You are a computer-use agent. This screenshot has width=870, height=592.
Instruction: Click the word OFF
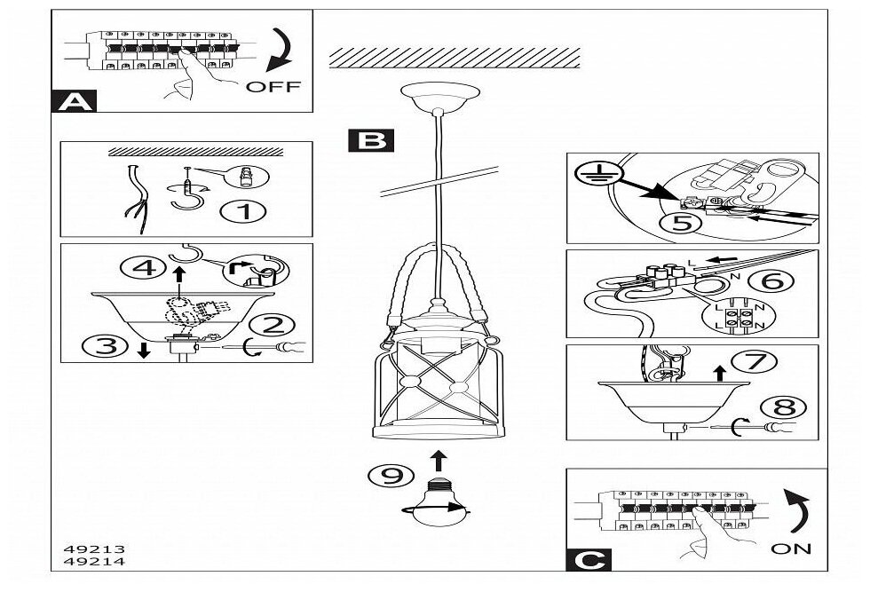pyautogui.click(x=273, y=87)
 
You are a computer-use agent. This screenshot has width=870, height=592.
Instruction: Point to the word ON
pyautogui.click(x=791, y=549)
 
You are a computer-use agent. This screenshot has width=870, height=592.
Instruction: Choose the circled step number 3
pyautogui.click(x=105, y=346)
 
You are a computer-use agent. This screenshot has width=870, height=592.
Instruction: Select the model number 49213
pyautogui.click(x=83, y=548)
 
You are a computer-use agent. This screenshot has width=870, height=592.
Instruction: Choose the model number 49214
pyautogui.click(x=83, y=561)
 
